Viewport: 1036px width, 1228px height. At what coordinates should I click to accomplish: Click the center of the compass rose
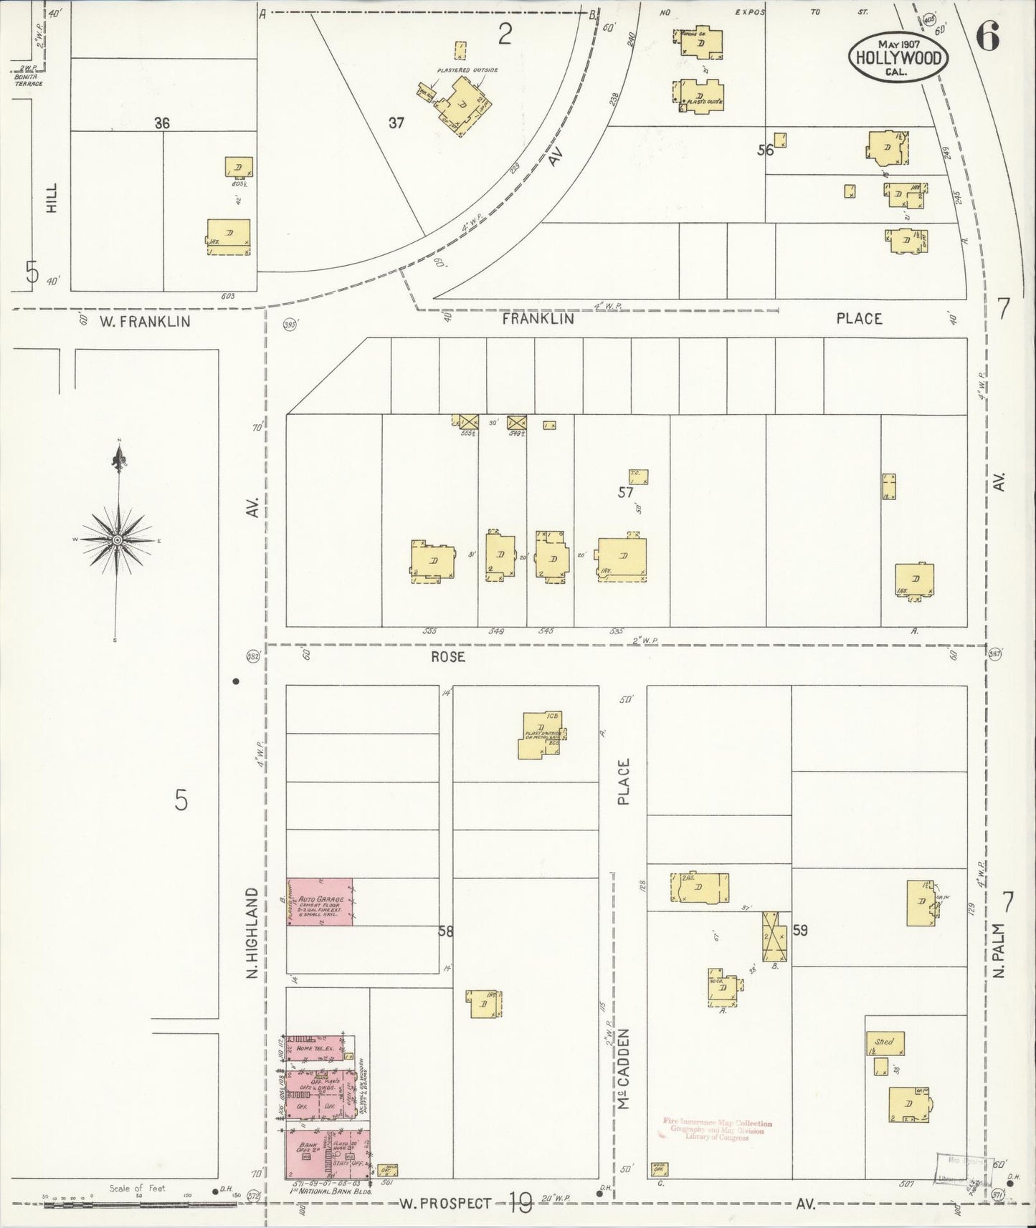(x=116, y=539)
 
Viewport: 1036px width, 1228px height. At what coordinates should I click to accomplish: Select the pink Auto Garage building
(x=320, y=901)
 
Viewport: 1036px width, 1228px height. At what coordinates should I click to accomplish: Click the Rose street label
(x=448, y=656)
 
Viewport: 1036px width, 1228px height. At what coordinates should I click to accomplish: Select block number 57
(x=626, y=492)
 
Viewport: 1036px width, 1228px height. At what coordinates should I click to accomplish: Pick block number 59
(x=800, y=931)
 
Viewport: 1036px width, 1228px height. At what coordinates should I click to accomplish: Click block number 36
(x=162, y=123)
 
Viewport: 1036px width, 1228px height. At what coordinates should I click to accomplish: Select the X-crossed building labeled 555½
(x=469, y=423)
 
